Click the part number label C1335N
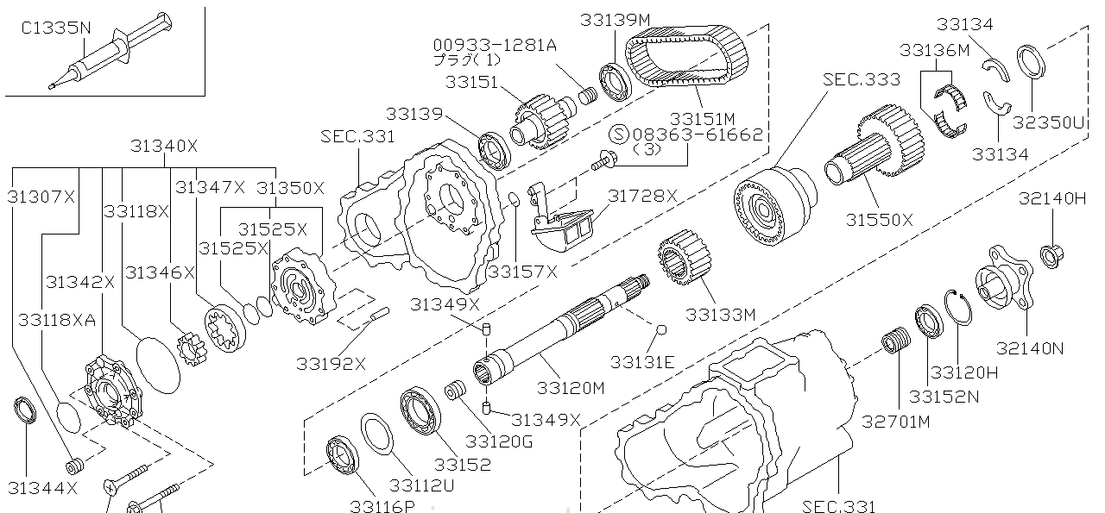pos(55,28)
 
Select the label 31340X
pos(164,147)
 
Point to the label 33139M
pos(615,19)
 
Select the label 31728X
pos(642,196)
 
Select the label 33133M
pos(720,315)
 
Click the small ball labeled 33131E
pos(662,329)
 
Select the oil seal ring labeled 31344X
pos(25,411)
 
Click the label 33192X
pos(331,363)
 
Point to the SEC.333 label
pos(861,79)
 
